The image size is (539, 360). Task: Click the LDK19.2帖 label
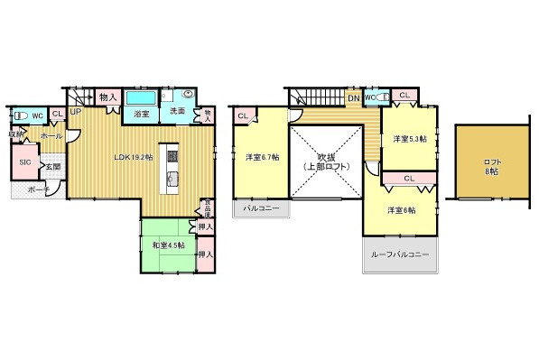(x=133, y=157)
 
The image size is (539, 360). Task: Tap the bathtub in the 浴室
(x=141, y=97)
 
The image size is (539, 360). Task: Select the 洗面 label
(x=177, y=111)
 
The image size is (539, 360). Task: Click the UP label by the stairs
(x=75, y=111)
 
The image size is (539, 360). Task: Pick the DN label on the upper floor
(x=354, y=97)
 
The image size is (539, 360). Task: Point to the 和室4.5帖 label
(x=168, y=245)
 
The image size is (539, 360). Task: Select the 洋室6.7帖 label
(x=262, y=157)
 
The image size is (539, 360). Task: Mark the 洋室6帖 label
(x=402, y=210)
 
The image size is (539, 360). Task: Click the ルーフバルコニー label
(x=400, y=254)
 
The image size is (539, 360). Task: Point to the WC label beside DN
(x=369, y=97)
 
